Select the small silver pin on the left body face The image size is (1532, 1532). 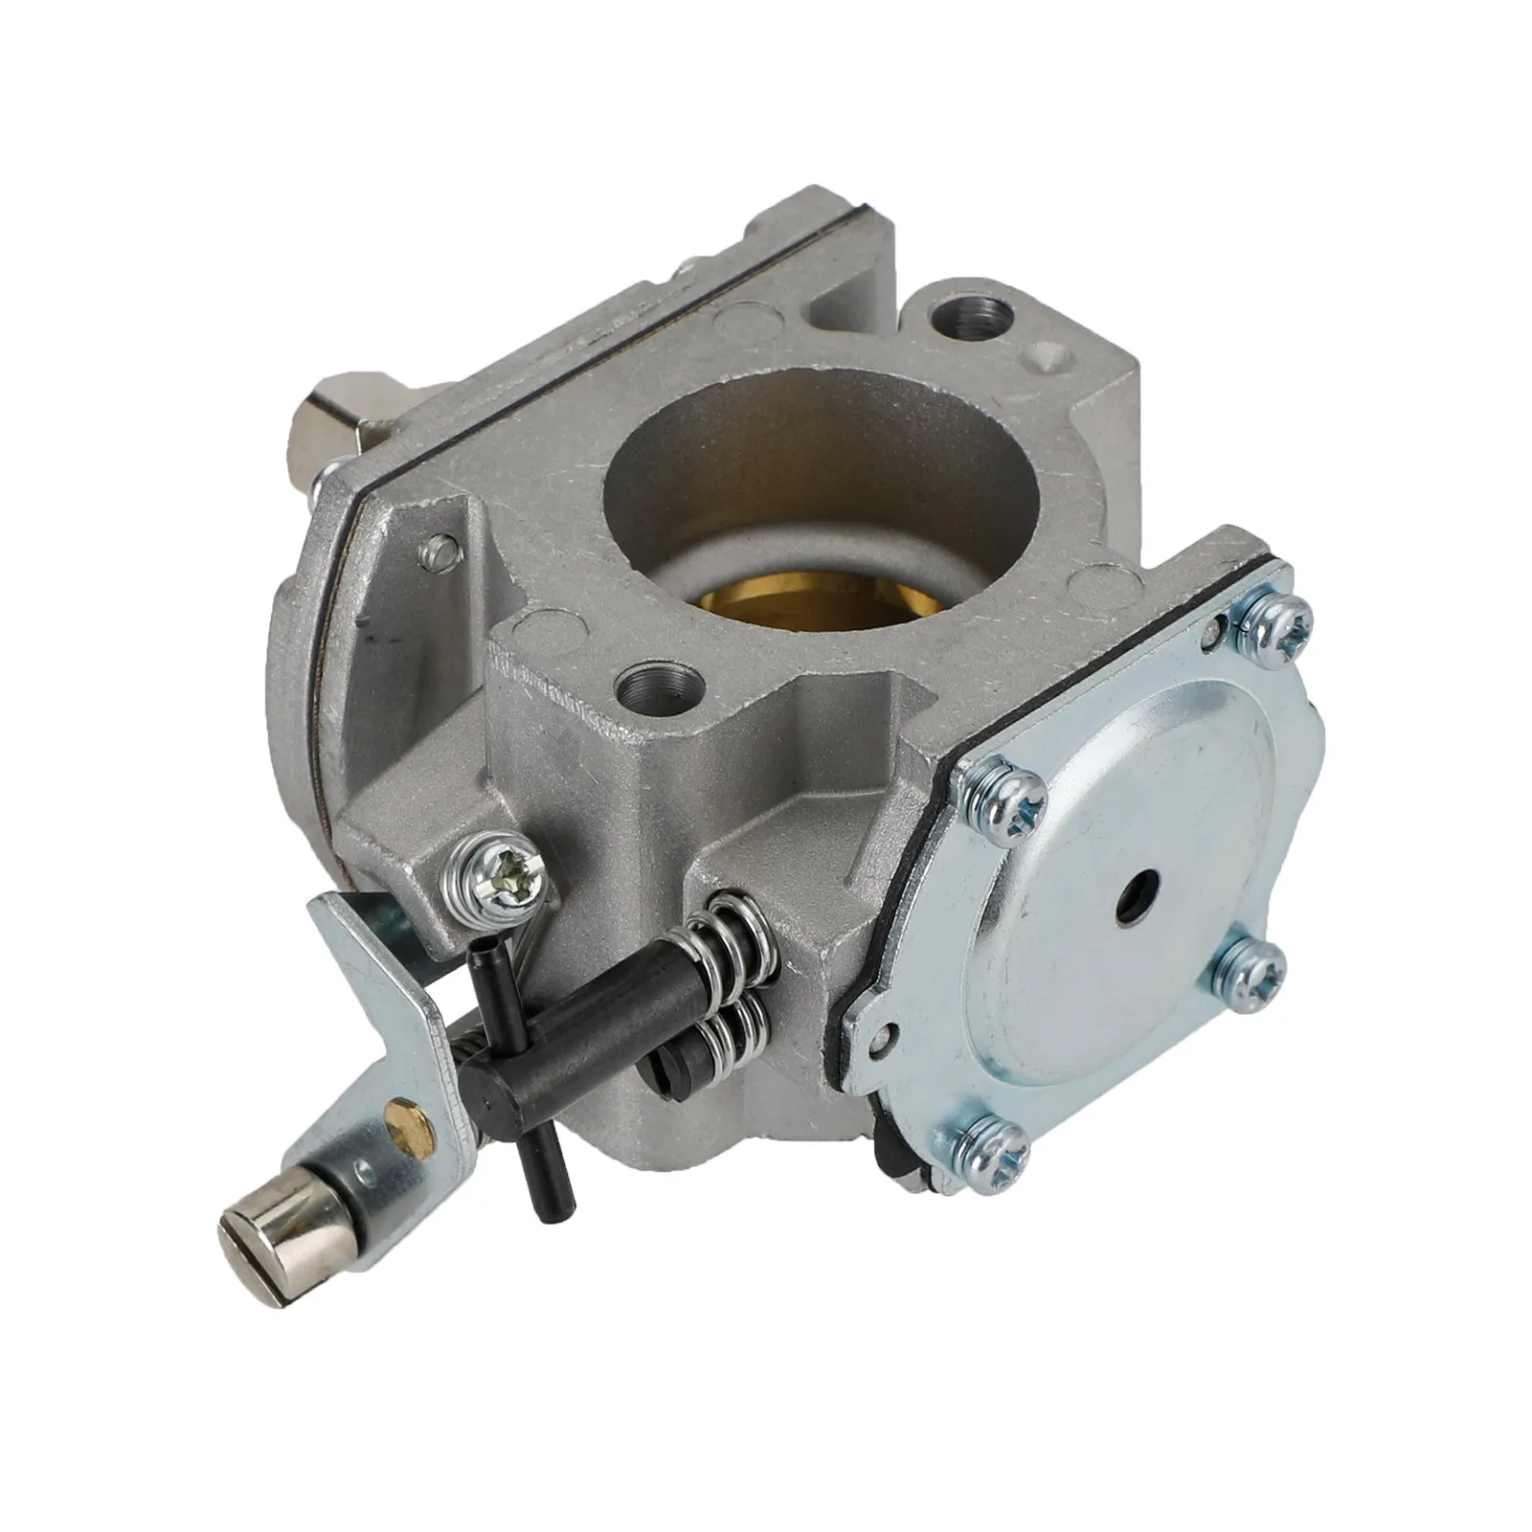(442, 549)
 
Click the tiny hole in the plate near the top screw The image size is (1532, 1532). (1217, 628)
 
